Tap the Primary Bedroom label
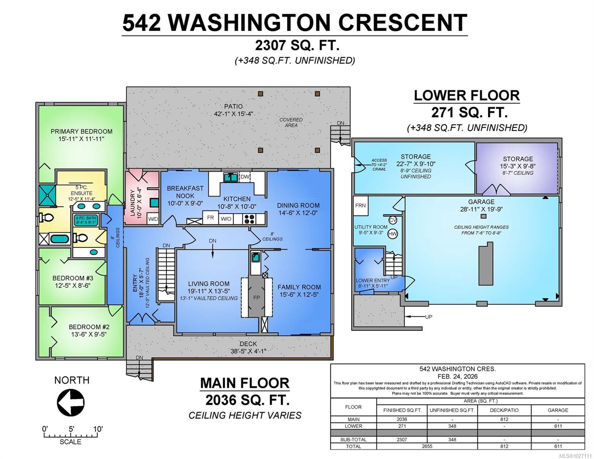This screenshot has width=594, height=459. pos(81,131)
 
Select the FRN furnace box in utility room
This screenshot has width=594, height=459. pos(361,205)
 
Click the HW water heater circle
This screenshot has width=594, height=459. pos(392,233)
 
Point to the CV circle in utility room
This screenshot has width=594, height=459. pos(392,220)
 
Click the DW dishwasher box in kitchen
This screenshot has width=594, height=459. pos(245,177)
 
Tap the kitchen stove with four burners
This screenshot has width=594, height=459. pos(249,218)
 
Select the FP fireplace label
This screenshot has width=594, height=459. pos(256,298)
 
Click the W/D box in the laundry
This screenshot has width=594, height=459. pos(153,219)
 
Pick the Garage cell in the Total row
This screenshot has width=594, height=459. pos(558,446)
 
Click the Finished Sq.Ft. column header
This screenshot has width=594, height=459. pos(402,410)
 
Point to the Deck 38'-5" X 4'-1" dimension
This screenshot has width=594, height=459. pos(248,351)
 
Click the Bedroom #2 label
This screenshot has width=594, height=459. pos(89,327)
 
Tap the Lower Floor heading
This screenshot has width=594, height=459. pos(467,95)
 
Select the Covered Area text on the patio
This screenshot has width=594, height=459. pos(291,122)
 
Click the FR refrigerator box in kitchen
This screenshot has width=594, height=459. pos(210,218)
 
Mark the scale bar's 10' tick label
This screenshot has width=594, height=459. pos(98,429)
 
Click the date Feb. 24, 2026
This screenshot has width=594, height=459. pos(457,376)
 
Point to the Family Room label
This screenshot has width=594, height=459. pos(299,287)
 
